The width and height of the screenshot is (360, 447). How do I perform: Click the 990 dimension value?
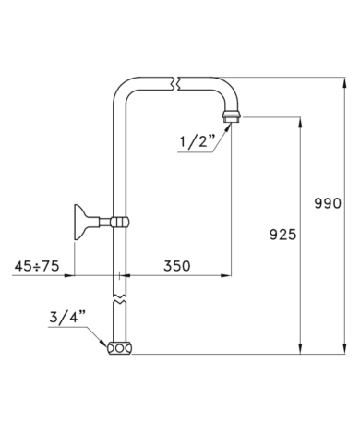click(x=328, y=203)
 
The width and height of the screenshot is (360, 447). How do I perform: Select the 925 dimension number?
click(x=282, y=235)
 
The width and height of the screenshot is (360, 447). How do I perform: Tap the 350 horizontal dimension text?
click(x=176, y=266)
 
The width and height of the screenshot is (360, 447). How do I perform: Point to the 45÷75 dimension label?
click(x=37, y=266)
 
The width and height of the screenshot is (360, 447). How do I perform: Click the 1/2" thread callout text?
click(x=197, y=141)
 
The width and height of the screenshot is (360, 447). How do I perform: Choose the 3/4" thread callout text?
click(x=67, y=317)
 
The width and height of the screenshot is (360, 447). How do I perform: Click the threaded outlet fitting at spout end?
click(x=231, y=117)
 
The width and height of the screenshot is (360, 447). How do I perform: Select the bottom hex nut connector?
click(x=120, y=348)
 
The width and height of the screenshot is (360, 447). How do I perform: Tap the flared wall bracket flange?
click(x=80, y=222)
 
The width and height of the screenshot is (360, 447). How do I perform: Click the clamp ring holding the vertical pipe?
click(x=120, y=222)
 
